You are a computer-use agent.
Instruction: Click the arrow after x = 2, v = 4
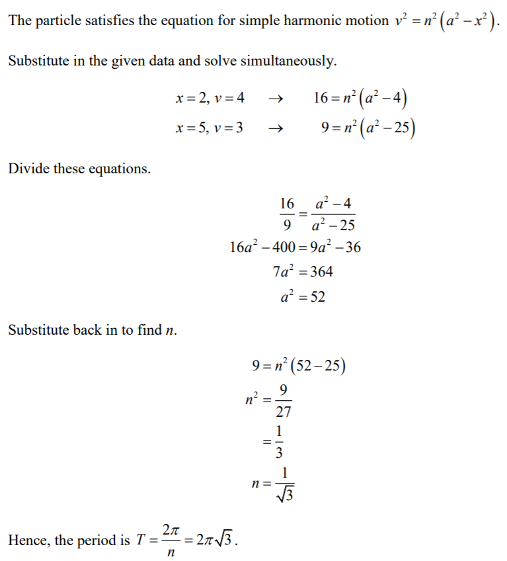coord(278,99)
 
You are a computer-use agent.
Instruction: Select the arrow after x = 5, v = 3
coord(278,128)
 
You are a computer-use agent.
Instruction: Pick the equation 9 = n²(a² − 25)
coord(367,128)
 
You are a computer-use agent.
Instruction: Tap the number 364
coord(321,271)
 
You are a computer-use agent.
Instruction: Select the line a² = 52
coord(302,297)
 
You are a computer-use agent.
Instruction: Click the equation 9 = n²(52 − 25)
coord(299,365)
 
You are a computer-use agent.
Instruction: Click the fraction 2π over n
coord(170,540)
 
